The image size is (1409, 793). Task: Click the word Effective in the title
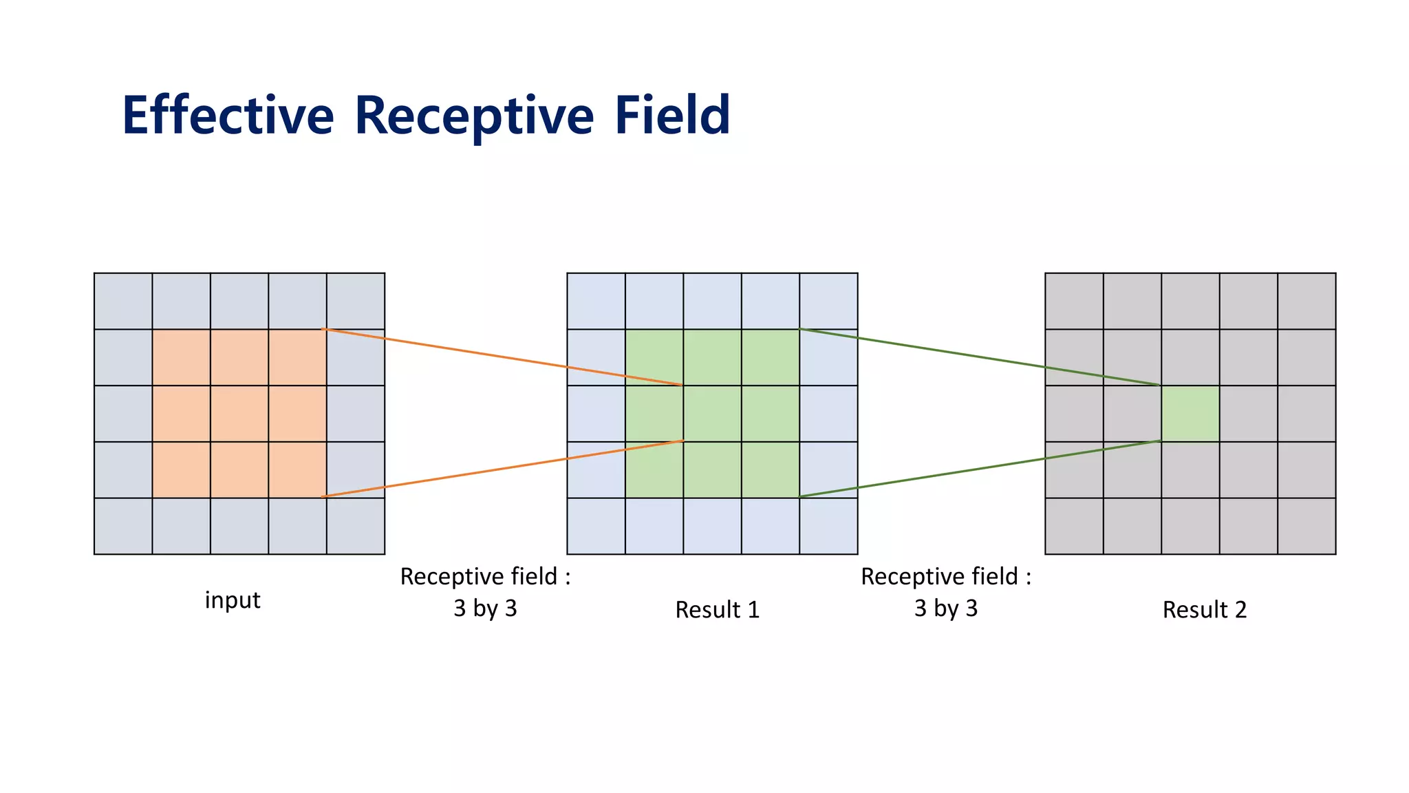click(228, 116)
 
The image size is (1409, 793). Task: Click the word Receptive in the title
click(474, 116)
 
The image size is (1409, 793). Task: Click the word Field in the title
click(672, 116)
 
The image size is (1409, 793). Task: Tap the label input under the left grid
click(233, 600)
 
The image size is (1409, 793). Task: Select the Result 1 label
click(717, 610)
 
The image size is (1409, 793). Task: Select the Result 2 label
click(1204, 610)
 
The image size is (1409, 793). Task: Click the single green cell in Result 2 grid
click(1190, 414)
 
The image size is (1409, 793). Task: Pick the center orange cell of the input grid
click(239, 414)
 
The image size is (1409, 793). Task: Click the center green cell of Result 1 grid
click(712, 414)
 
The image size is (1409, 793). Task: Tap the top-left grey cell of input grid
click(123, 302)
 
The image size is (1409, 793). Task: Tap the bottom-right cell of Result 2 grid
click(1306, 526)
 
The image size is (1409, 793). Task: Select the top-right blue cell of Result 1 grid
click(828, 302)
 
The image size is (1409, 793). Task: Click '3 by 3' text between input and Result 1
click(485, 609)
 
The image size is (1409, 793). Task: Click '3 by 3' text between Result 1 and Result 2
click(945, 609)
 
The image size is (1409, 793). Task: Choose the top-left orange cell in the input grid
click(181, 358)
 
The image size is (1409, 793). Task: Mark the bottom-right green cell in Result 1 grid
click(771, 470)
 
